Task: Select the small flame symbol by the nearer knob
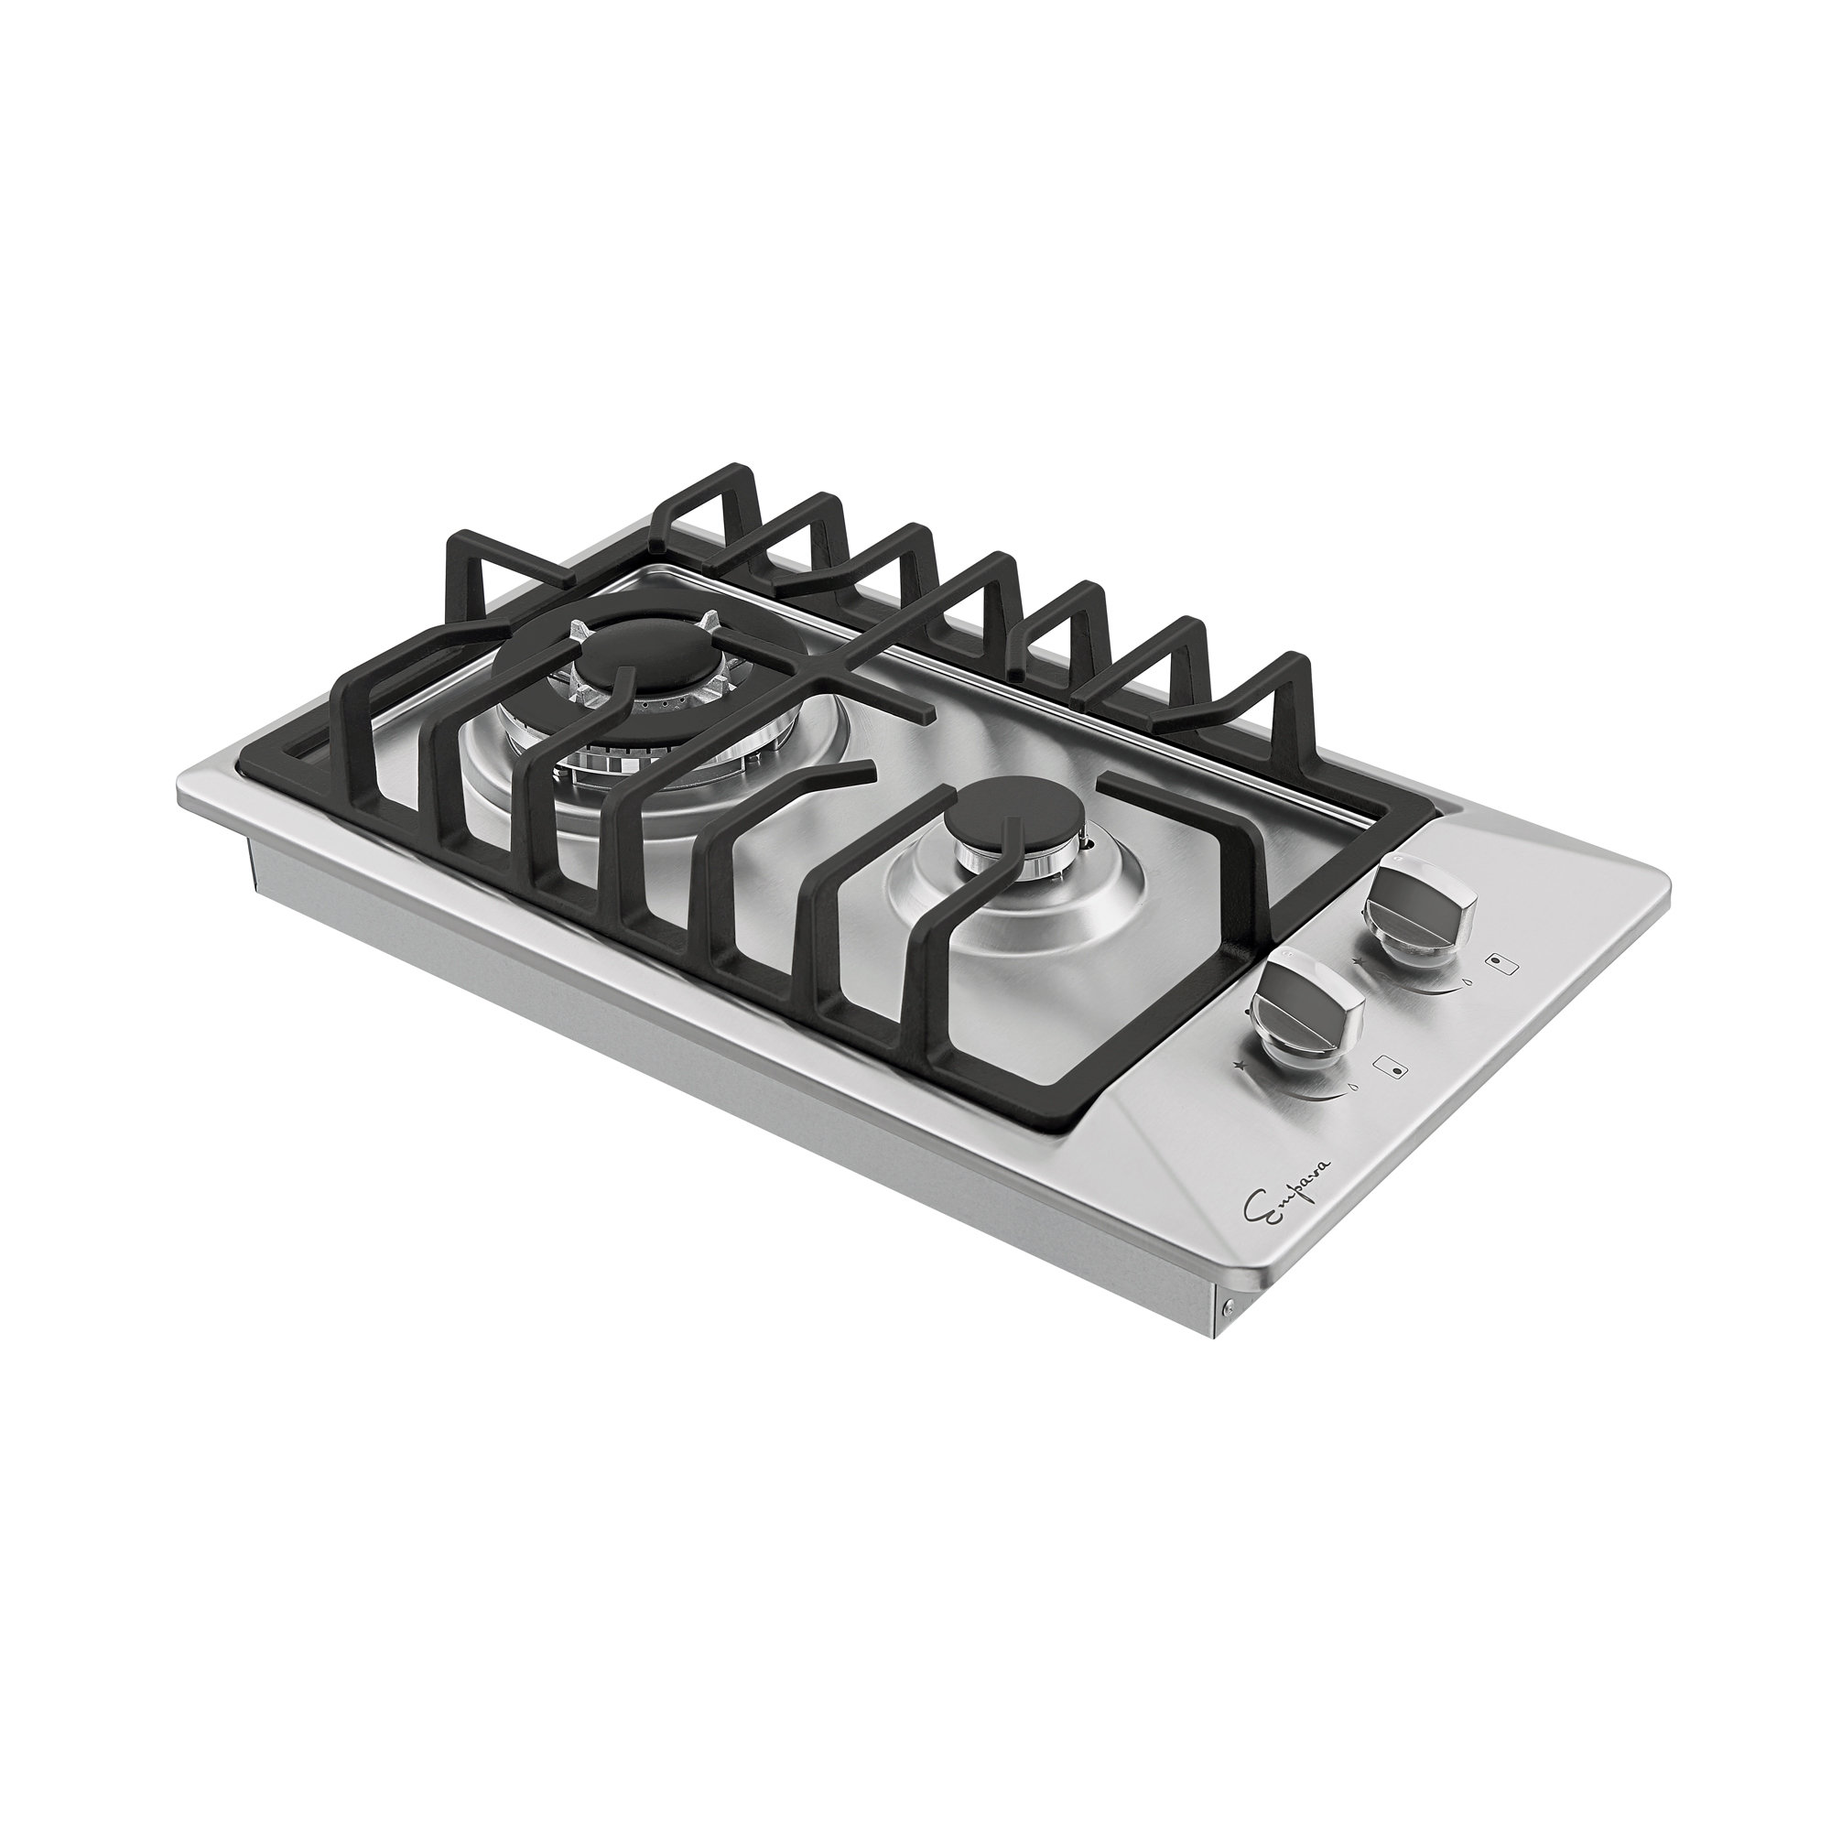pos(1351,1087)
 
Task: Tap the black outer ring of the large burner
pos(664,768)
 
